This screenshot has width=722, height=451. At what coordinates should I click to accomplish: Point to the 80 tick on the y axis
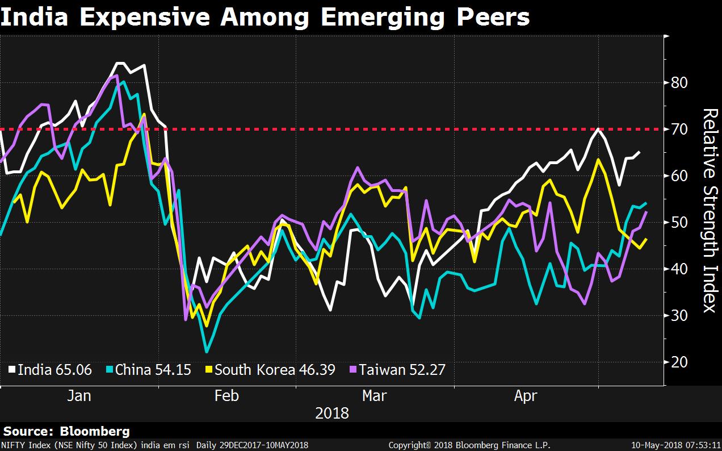[x=679, y=83]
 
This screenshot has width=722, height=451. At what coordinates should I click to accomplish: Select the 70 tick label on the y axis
[x=679, y=130]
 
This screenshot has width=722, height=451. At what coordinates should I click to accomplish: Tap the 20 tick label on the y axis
[x=679, y=362]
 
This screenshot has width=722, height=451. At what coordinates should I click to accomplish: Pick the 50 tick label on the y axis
[x=679, y=223]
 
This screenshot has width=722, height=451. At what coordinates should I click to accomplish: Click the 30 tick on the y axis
[x=679, y=316]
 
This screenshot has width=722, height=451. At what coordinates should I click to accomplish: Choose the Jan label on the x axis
[x=79, y=396]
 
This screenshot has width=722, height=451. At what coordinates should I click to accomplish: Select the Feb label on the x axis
[x=226, y=396]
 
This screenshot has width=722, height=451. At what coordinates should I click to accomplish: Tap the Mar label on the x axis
[x=375, y=396]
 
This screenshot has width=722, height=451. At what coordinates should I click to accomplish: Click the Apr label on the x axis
[x=525, y=396]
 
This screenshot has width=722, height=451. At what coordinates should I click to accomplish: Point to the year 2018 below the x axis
[x=332, y=412]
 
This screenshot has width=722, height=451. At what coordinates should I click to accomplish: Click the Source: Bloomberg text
[x=66, y=432]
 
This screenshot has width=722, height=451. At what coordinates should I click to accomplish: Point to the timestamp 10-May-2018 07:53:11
[x=675, y=445]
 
